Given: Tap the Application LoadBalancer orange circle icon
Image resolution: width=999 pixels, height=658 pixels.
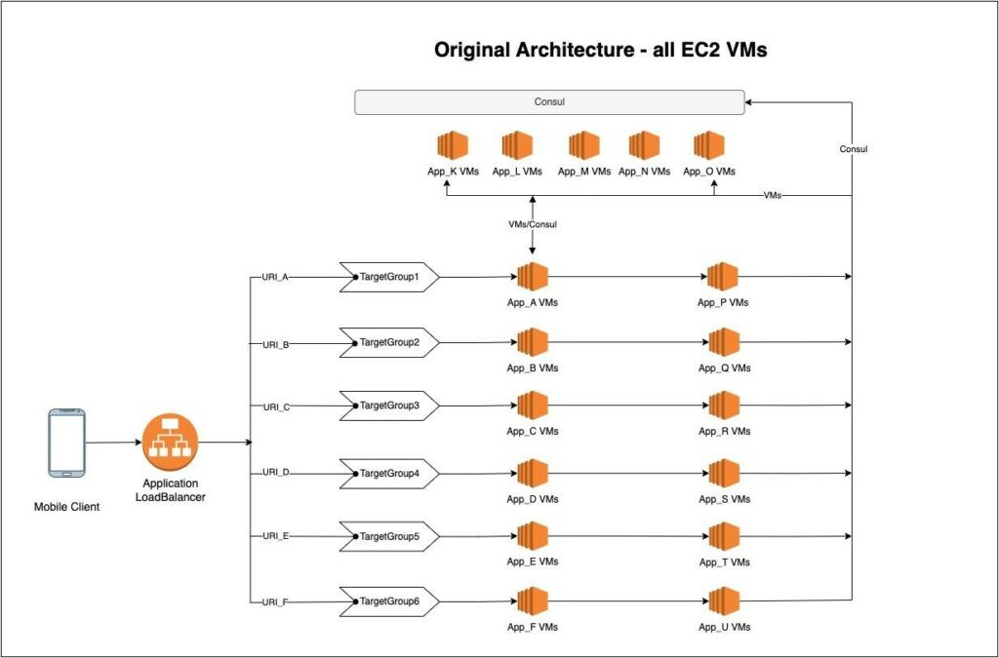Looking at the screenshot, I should coord(171,442).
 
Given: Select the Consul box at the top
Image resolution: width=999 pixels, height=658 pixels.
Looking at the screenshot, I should coord(549,101).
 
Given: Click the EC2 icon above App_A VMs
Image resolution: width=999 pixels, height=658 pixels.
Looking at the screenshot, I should coord(533,277).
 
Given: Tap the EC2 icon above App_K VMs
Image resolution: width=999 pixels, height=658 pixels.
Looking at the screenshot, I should coord(453,145).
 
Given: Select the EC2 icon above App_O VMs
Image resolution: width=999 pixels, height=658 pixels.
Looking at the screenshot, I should coord(708,145).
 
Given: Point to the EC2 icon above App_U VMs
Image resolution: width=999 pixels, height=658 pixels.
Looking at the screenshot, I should coord(724,601).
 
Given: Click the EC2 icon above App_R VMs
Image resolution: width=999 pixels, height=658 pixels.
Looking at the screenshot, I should coord(724,406).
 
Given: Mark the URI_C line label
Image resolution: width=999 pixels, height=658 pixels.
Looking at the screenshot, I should coord(276,406).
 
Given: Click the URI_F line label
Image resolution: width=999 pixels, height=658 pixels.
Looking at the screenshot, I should coord(276,602).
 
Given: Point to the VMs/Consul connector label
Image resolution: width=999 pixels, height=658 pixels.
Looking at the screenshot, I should coord(533,224).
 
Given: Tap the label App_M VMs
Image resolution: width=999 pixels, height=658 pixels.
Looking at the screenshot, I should coord(584,172).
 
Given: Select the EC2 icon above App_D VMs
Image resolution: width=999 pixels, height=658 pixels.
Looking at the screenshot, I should coord(533,473).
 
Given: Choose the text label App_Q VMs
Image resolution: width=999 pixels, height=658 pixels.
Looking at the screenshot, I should coord(724,368).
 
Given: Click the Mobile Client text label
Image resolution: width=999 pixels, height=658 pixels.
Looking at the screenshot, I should coord(66,507).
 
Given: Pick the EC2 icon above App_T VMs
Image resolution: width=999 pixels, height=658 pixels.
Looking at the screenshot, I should coord(724,536).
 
